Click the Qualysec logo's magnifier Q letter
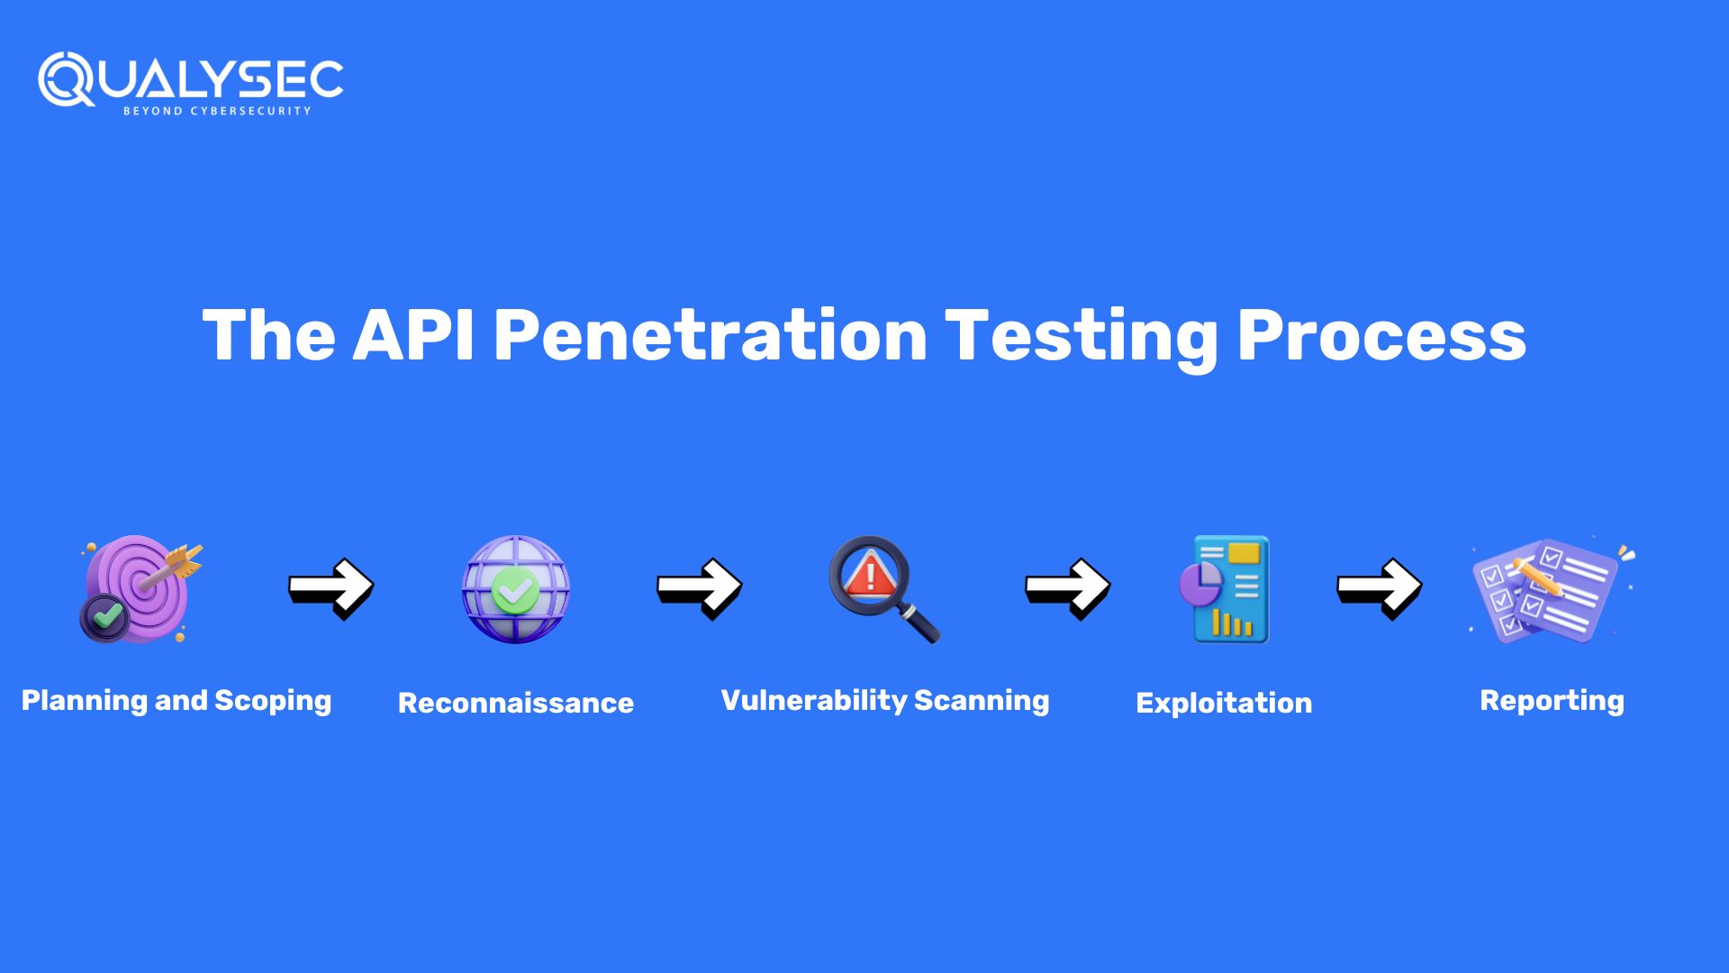[66, 79]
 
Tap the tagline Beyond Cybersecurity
[217, 111]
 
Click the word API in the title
[413, 335]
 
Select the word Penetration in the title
[711, 335]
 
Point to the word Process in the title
[1381, 335]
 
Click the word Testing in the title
[1082, 337]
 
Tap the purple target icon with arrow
[141, 589]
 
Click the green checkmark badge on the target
[105, 617]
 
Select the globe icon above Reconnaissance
[516, 589]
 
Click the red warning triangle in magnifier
[869, 573]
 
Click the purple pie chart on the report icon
[1200, 584]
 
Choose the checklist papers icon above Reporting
[1552, 590]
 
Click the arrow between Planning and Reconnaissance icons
[330, 588]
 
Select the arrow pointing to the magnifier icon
[699, 588]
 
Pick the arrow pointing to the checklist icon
[1379, 588]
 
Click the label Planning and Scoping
[177, 701]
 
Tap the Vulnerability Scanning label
[885, 701]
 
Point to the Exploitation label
[1224, 703]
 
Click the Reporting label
[1552, 701]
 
